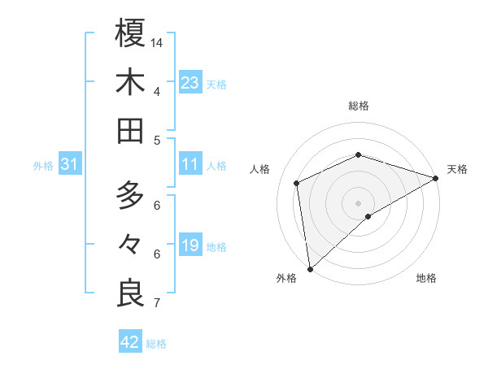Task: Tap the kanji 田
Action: [x=130, y=131]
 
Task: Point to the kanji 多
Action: [x=130, y=195]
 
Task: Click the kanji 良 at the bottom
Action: [x=130, y=293]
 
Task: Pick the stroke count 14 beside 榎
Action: [x=158, y=41]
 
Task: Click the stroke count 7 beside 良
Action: [x=156, y=303]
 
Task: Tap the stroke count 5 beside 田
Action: [x=156, y=140]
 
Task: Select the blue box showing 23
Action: [x=190, y=82]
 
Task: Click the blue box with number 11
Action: [x=190, y=165]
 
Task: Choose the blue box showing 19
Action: [x=190, y=245]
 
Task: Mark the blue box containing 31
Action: [x=70, y=165]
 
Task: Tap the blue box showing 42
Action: [x=129, y=342]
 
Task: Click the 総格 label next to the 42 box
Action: [x=156, y=344]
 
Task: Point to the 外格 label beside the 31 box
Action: [x=43, y=166]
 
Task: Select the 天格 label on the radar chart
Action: [x=457, y=169]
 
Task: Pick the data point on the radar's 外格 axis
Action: [x=310, y=268]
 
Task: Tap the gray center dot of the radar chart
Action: [x=358, y=202]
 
